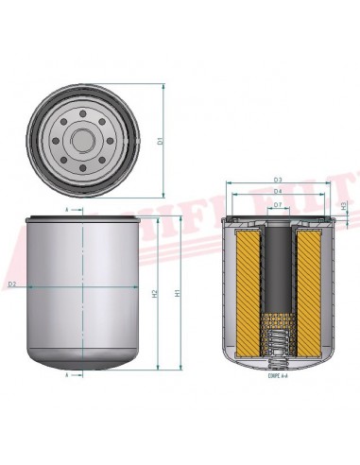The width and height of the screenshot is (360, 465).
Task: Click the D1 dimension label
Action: click(x=161, y=141)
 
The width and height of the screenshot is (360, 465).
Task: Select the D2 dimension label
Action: click(x=12, y=284)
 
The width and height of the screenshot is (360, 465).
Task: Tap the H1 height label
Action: click(x=179, y=293)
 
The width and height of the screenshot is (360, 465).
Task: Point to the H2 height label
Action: click(x=154, y=293)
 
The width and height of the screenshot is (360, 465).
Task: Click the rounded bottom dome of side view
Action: click(x=86, y=354)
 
